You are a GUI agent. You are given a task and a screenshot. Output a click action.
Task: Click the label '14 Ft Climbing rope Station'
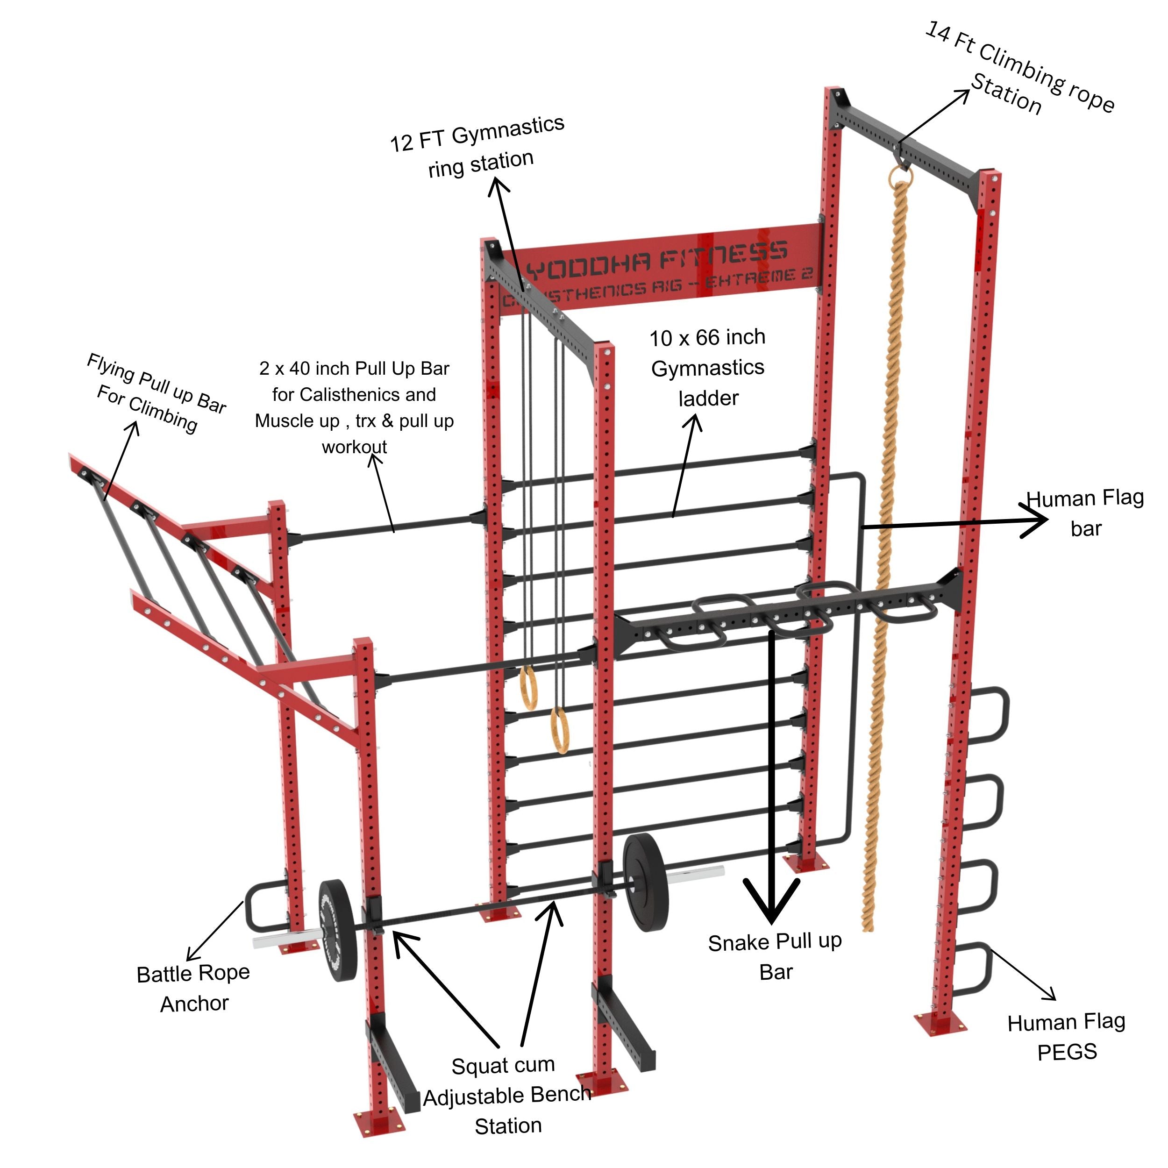(1022, 70)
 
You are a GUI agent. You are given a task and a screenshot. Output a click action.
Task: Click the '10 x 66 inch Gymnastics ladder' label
(707, 368)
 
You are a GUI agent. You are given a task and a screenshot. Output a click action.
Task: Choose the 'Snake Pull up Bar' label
(775, 956)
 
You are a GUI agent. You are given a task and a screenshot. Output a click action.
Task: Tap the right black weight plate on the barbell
(646, 883)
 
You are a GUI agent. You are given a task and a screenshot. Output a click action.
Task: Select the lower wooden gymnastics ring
(560, 732)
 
